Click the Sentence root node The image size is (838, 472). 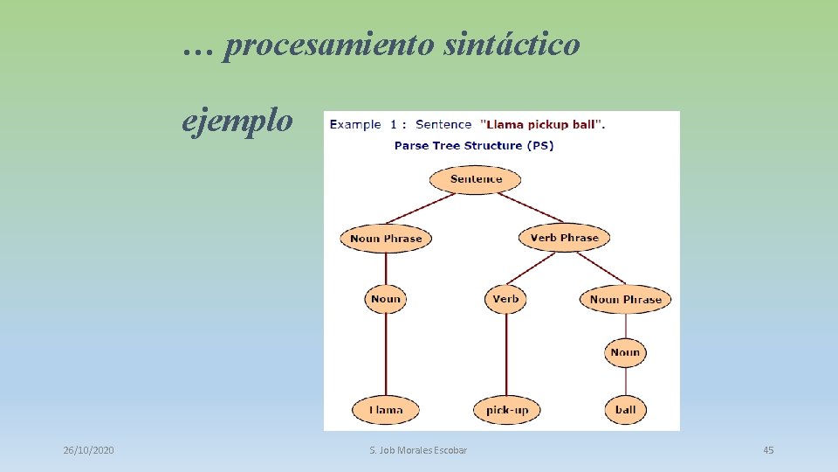[476, 180]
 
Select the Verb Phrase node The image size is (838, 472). [565, 238]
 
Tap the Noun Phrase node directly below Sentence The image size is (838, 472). [386, 239]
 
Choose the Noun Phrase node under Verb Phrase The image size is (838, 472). [625, 300]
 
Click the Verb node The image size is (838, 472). [505, 299]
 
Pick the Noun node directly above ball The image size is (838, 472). [625, 353]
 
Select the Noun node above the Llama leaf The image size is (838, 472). [385, 299]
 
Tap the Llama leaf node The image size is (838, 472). [385, 409]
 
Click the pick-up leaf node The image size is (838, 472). [507, 409]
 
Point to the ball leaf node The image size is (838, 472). [625, 409]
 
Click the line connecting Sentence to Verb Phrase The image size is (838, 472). [531, 208]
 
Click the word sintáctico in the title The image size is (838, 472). [511, 45]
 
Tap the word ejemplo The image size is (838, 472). [237, 121]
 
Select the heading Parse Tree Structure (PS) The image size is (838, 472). [474, 145]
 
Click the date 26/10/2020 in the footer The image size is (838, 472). [88, 450]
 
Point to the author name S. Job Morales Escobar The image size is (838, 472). [418, 450]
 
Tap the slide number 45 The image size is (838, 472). [768, 450]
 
